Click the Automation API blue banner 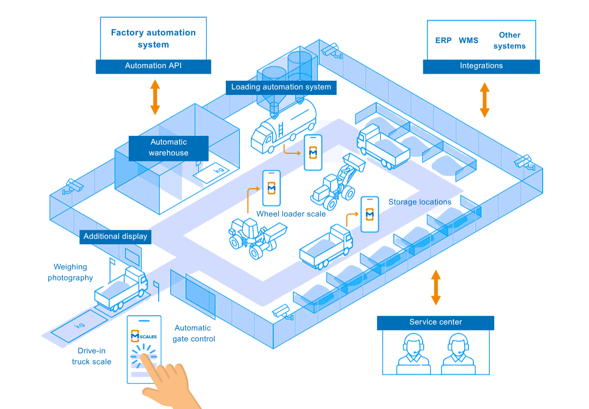click(153, 66)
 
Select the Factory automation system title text click(153, 39)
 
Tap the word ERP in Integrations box click(443, 40)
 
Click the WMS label click(468, 40)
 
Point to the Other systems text click(509, 40)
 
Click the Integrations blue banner click(481, 66)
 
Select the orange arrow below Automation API click(155, 97)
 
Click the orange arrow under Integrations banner click(484, 100)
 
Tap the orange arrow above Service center click(435, 287)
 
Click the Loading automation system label click(281, 87)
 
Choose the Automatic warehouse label click(169, 148)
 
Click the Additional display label click(115, 237)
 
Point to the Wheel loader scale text click(291, 214)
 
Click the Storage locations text click(419, 202)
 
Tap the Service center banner click(435, 322)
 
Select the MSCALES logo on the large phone click(143, 336)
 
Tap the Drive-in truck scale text click(92, 356)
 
